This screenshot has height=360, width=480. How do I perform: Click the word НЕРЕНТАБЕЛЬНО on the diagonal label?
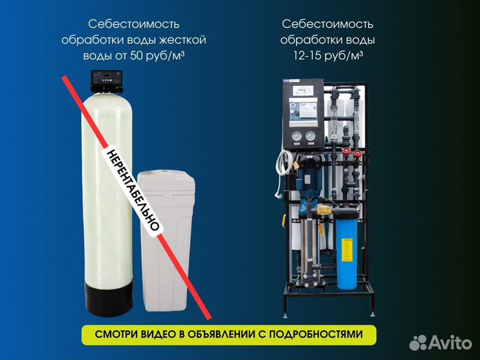tap(131, 190)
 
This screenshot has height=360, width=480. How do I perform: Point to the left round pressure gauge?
tap(294, 138)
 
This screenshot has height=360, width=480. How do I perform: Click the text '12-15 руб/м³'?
tap(327, 56)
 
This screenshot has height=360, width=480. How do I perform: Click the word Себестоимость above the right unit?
tap(327, 24)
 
